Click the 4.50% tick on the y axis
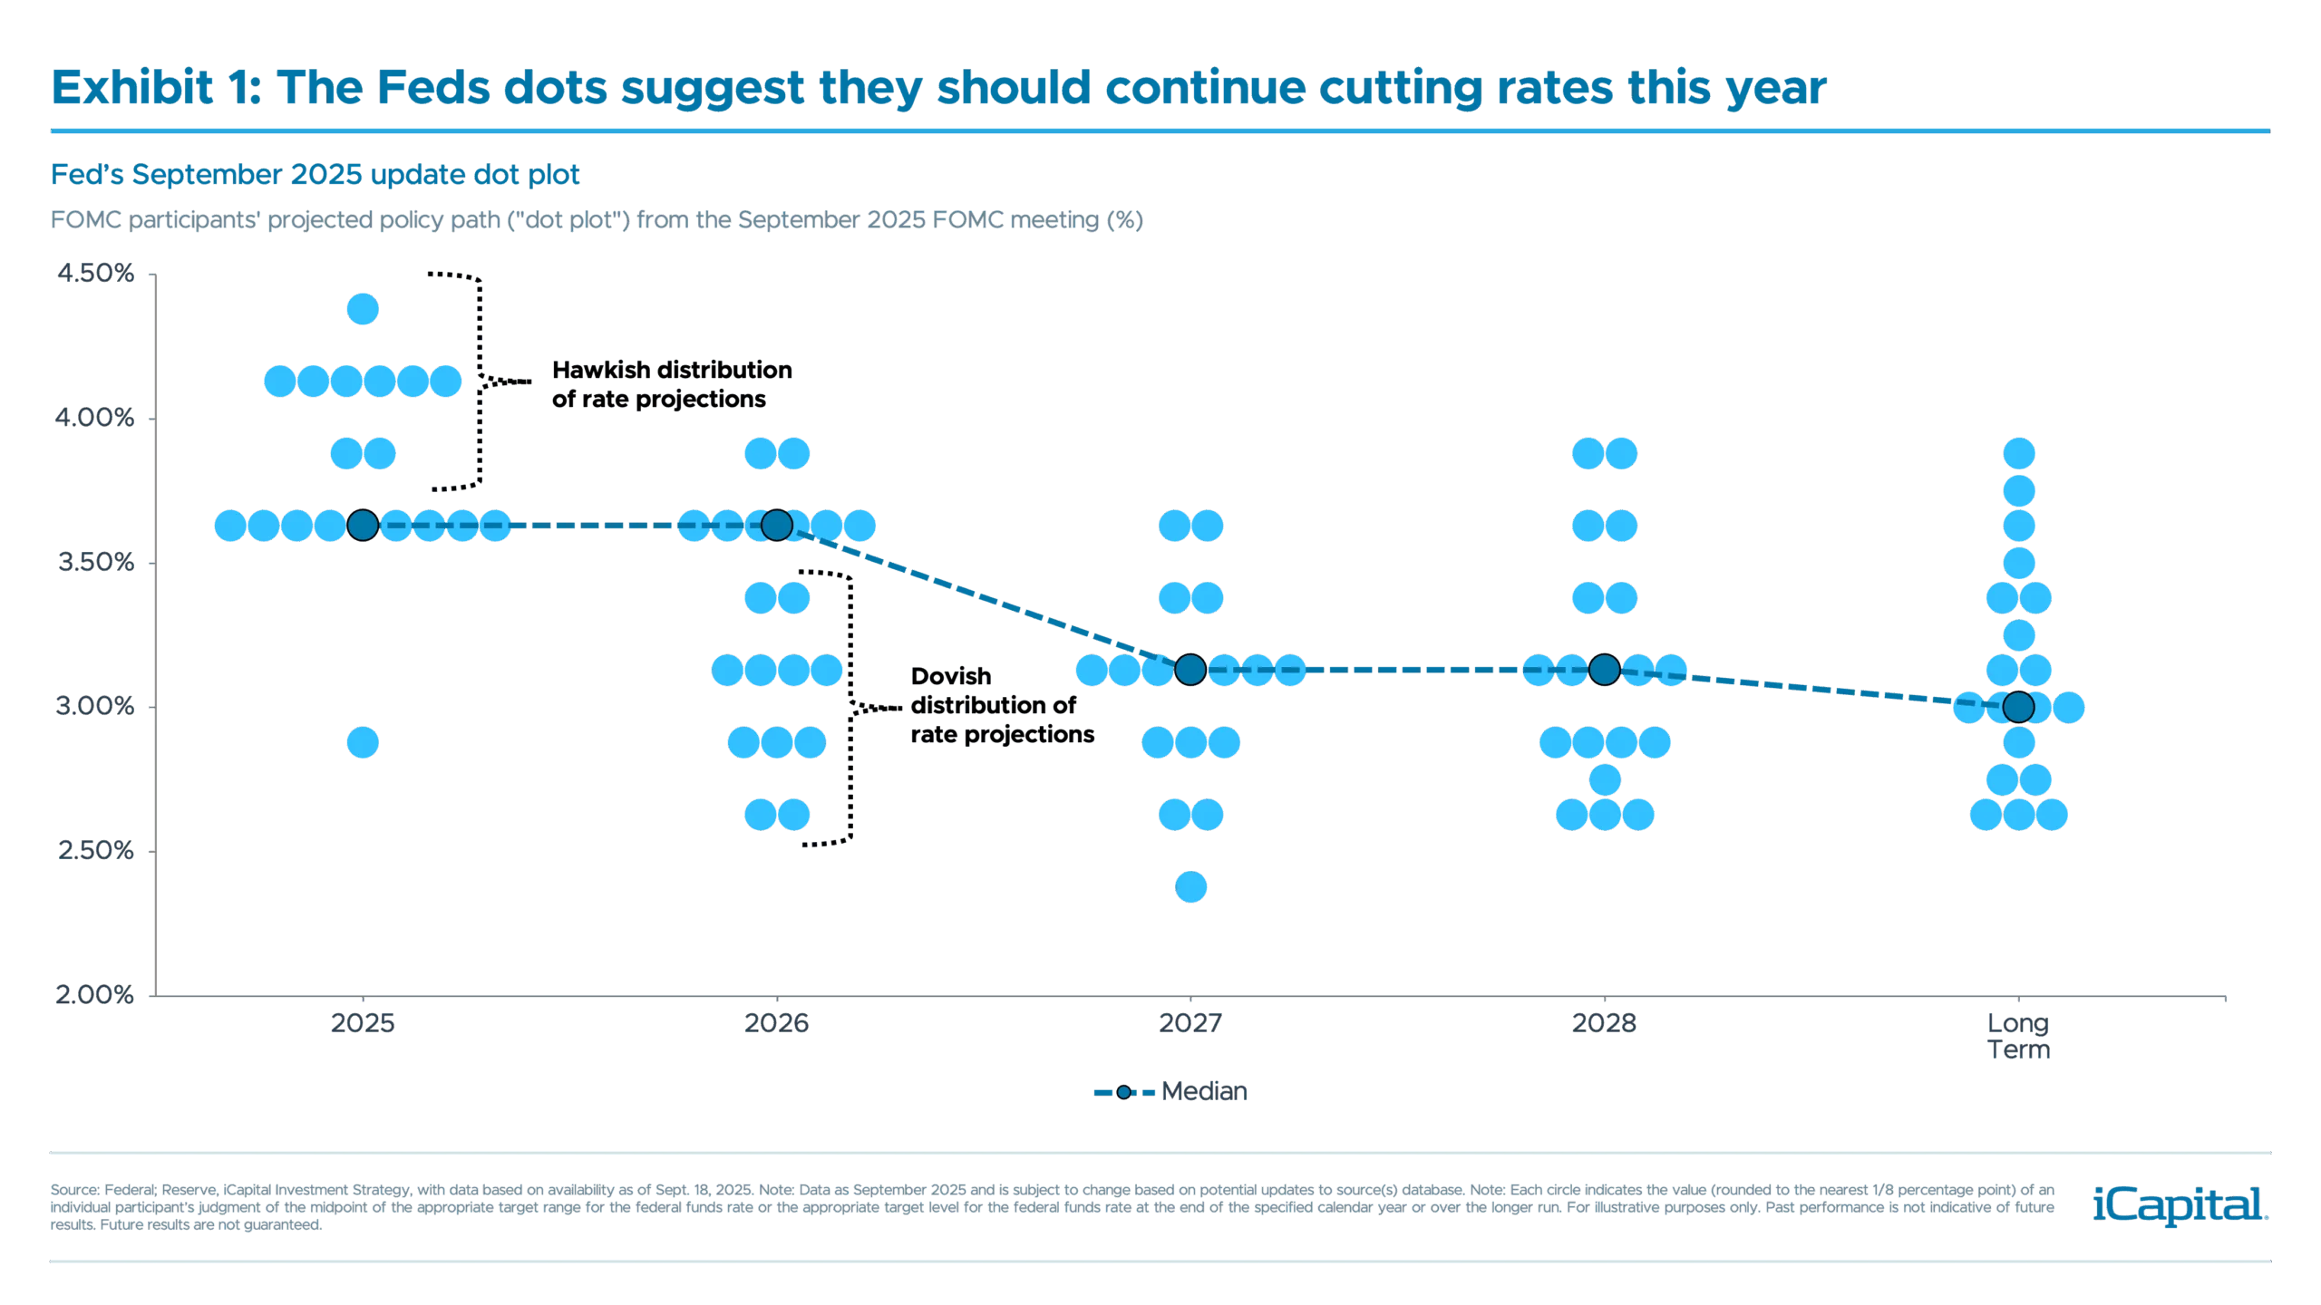(95, 273)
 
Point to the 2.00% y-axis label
(95, 995)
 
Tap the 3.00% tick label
(95, 706)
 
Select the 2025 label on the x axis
(363, 1023)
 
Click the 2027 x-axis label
(1190, 1023)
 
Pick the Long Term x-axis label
(2019, 1036)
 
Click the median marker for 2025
(363, 525)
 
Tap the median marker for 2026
(777, 525)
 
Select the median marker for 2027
(1190, 670)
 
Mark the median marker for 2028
(1605, 670)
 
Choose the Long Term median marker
(2019, 706)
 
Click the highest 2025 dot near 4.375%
(363, 310)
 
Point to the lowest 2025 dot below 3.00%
(363, 743)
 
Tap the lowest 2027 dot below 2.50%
(1190, 887)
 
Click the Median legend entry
(1170, 1092)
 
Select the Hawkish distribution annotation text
(674, 385)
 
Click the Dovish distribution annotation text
(997, 706)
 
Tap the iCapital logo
(2180, 1205)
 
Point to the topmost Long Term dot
(2019, 453)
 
